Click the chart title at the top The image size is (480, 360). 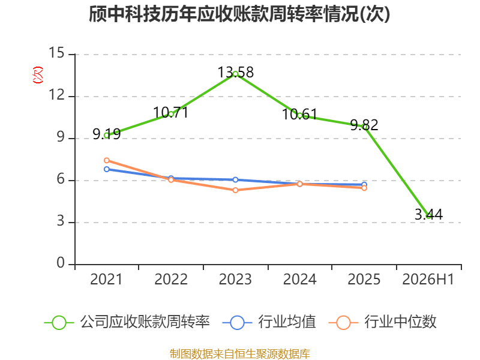(239, 14)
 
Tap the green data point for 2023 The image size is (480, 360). (235, 74)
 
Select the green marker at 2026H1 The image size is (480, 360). (428, 216)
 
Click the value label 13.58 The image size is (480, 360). (235, 72)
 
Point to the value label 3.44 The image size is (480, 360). (428, 214)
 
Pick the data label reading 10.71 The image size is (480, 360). (171, 112)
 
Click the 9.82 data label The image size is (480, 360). (364, 125)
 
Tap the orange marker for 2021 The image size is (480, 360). (107, 160)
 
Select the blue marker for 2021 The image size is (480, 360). (107, 169)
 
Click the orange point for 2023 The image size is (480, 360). (235, 190)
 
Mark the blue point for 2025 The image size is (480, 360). (364, 185)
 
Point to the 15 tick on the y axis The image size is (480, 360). (56, 53)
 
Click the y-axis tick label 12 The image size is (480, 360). (56, 95)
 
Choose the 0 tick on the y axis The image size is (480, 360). (61, 263)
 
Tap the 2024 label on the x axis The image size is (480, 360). (299, 279)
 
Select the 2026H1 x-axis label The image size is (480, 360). (428, 279)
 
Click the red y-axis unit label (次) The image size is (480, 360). (38, 75)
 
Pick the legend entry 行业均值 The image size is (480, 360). (269, 322)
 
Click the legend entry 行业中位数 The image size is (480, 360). (382, 322)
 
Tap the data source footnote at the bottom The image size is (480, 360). (240, 354)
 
